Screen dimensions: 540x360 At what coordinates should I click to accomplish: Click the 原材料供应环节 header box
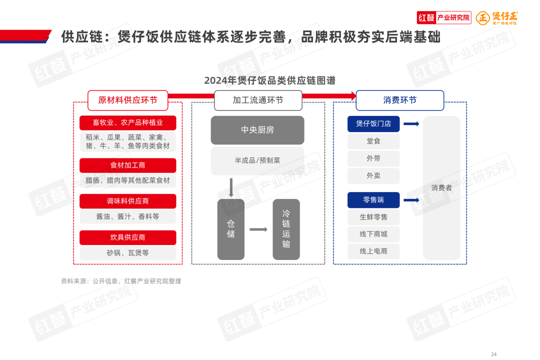pyautogui.click(x=127, y=100)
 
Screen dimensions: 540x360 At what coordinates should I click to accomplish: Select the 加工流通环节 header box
pyautogui.click(x=258, y=100)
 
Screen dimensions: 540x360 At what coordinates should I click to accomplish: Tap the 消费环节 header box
pyautogui.click(x=399, y=100)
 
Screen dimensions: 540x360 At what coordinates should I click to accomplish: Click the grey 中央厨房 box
pyautogui.click(x=257, y=130)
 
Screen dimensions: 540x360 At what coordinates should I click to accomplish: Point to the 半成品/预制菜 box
pyautogui.click(x=257, y=160)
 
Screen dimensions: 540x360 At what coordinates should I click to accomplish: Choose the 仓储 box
pyautogui.click(x=231, y=229)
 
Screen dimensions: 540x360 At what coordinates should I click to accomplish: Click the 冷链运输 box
pyautogui.click(x=286, y=229)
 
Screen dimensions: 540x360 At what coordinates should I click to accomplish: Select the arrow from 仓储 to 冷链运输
pyautogui.click(x=258, y=229)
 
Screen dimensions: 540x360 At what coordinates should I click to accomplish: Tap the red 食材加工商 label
pyautogui.click(x=127, y=165)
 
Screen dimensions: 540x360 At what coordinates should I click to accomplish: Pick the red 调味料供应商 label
pyautogui.click(x=127, y=201)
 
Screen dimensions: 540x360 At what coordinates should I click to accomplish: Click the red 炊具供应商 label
pyautogui.click(x=127, y=237)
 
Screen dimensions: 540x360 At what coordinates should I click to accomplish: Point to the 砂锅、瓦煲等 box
pyautogui.click(x=127, y=253)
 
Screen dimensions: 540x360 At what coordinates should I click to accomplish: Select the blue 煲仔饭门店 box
pyautogui.click(x=373, y=123)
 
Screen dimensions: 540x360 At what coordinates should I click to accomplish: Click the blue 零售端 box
pyautogui.click(x=373, y=200)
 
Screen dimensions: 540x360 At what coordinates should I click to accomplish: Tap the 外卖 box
pyautogui.click(x=373, y=175)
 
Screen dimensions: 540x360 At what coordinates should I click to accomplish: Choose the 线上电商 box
pyautogui.click(x=373, y=251)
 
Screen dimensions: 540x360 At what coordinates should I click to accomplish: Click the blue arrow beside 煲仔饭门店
pyautogui.click(x=411, y=123)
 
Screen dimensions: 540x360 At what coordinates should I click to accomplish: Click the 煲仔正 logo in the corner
pyautogui.click(x=497, y=17)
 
